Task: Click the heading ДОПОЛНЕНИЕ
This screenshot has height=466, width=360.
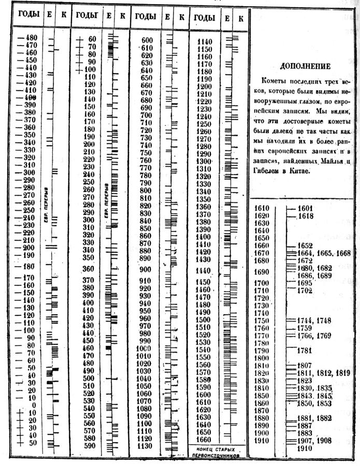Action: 305,66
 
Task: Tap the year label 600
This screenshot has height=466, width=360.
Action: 147,40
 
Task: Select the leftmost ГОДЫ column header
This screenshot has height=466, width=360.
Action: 28,16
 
